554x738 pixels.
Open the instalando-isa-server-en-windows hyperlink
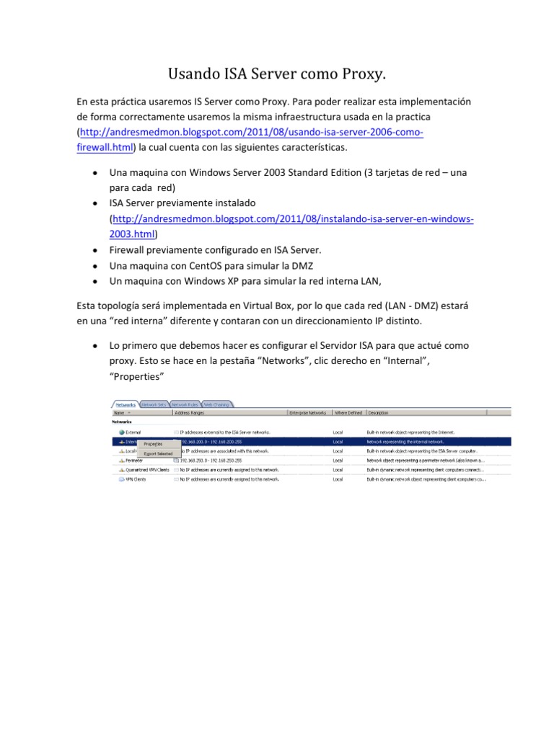coord(293,218)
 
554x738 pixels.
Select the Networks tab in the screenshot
coord(124,405)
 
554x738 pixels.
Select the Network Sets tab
coord(154,405)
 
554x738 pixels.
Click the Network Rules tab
coord(185,405)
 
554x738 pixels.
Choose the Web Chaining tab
coord(217,405)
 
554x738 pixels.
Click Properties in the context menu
coord(153,444)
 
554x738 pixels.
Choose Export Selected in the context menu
coord(158,454)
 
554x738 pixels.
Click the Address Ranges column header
coord(190,414)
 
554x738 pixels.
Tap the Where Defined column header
coord(348,414)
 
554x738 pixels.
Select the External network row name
coord(133,432)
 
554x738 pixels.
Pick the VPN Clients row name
coord(136,479)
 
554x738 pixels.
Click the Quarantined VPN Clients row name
coord(146,469)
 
